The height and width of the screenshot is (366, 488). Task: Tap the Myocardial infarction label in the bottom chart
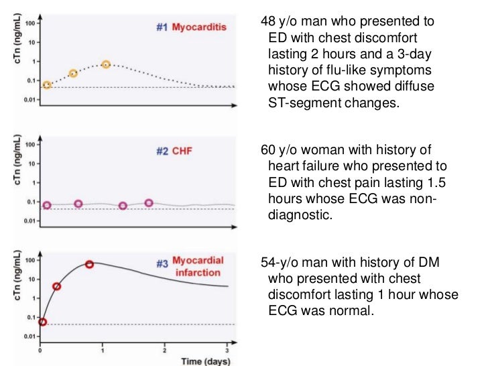(198, 267)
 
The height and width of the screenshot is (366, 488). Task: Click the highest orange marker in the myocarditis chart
(106, 64)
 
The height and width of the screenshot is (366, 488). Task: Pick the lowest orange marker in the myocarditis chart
(47, 85)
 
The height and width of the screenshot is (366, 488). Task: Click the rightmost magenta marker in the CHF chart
(149, 203)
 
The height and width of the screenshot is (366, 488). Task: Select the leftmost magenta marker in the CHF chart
(47, 205)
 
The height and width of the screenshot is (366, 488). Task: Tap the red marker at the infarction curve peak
(89, 264)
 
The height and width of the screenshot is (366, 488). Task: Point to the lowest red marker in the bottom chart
(44, 322)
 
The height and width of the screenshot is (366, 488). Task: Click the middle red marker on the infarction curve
(57, 286)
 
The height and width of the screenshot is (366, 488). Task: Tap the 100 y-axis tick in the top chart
(30, 23)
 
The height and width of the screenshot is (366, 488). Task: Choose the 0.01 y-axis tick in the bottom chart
(29, 337)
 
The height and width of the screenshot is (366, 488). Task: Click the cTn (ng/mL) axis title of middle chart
(9, 176)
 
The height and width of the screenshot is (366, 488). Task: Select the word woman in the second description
(314, 149)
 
